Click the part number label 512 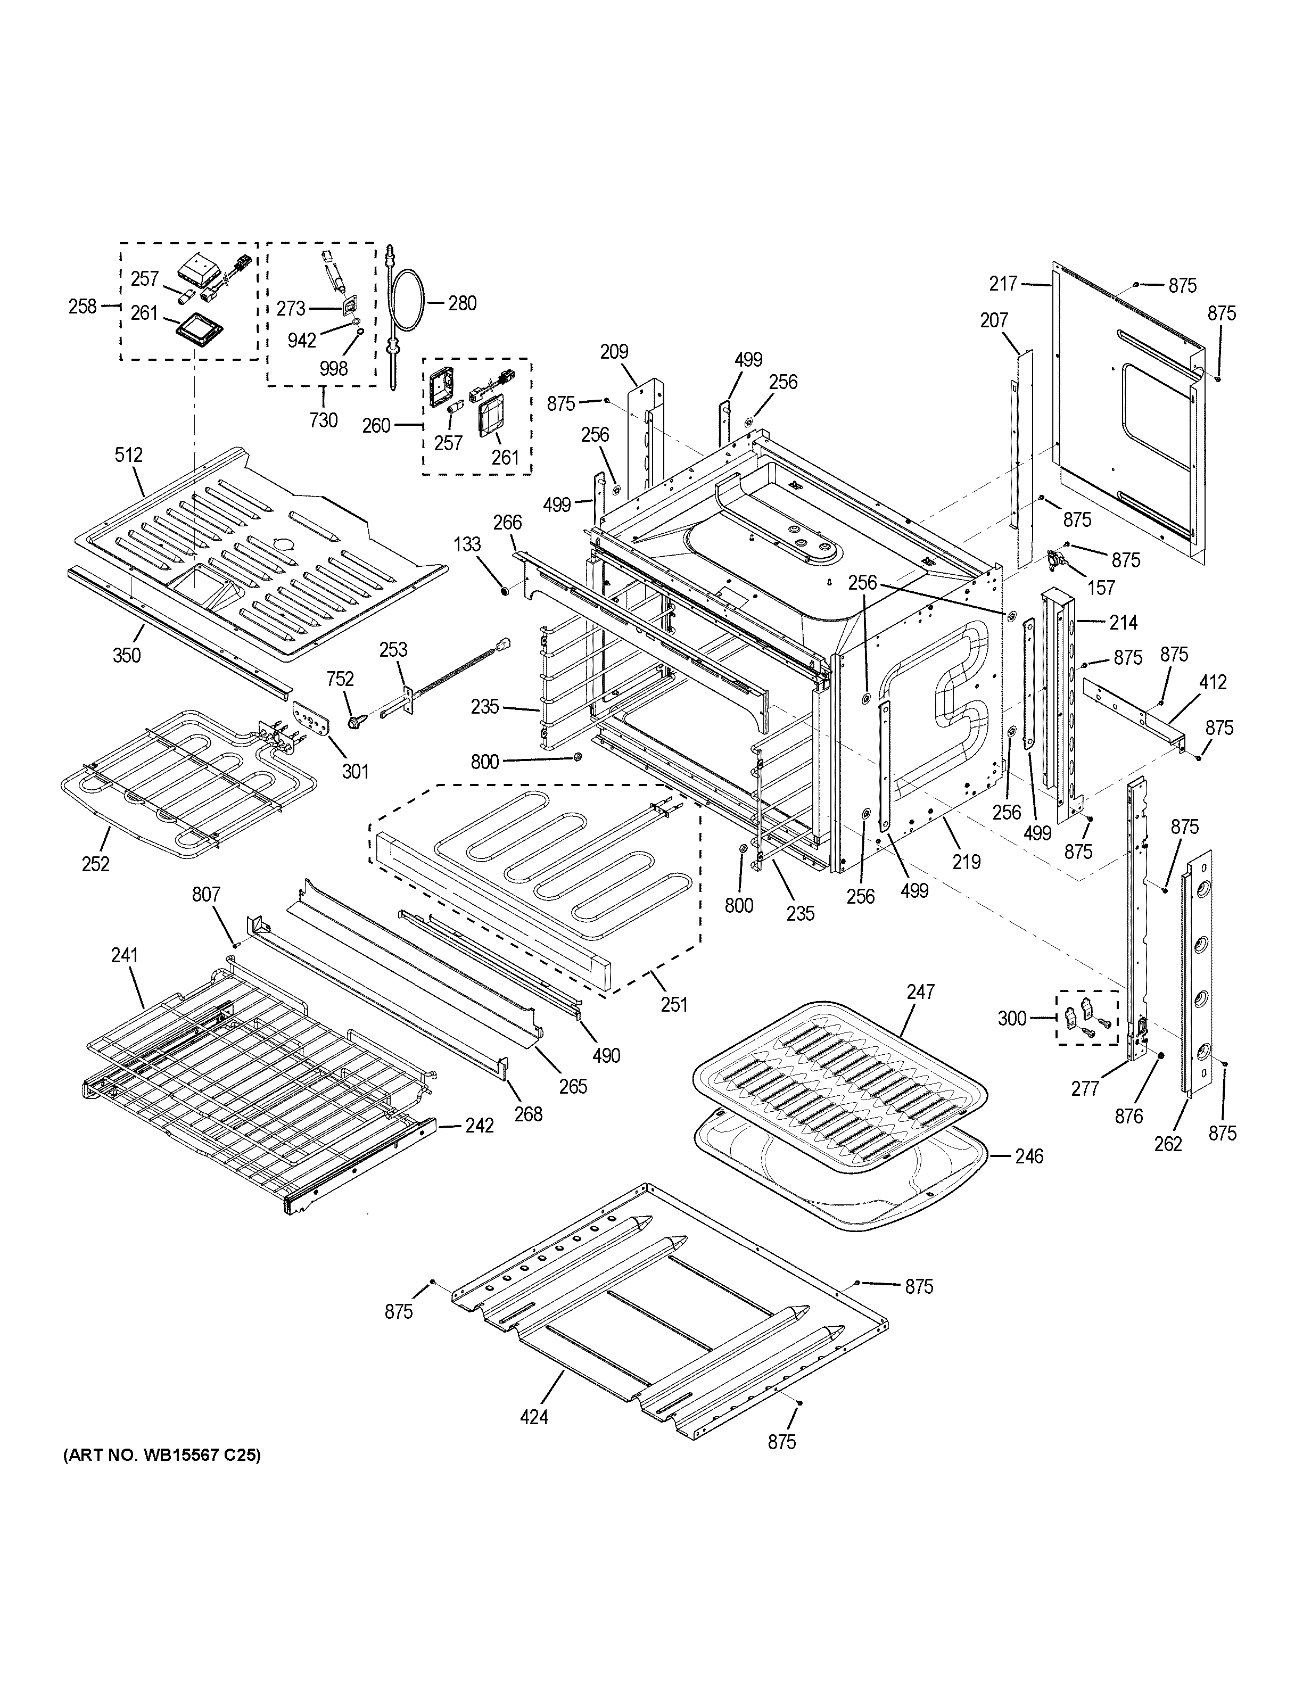(x=128, y=454)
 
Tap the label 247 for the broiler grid (x=921, y=991)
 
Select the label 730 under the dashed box (x=324, y=420)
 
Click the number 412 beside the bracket (x=1214, y=682)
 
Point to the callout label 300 (x=1012, y=1018)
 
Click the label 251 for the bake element (x=674, y=1004)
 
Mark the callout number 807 (x=205, y=894)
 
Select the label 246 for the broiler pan (x=1029, y=1155)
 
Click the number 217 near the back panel (x=1003, y=284)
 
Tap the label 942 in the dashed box (x=302, y=341)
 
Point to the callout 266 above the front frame (x=507, y=523)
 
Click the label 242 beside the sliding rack (x=480, y=1126)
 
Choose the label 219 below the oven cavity (x=966, y=862)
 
